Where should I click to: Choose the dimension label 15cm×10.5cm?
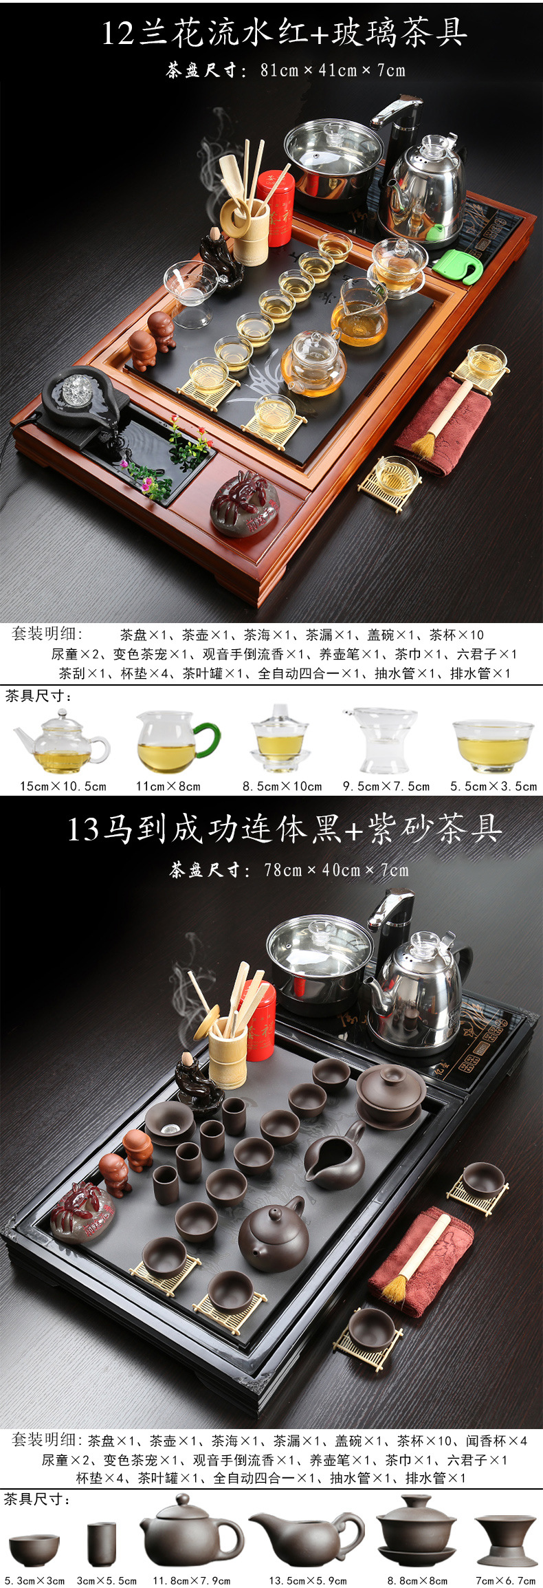click(x=63, y=785)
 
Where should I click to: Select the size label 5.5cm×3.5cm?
click(x=494, y=785)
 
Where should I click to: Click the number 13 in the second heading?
click(x=83, y=829)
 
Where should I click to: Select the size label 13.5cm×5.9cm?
click(x=308, y=1580)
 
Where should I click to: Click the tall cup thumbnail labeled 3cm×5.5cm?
click(x=102, y=1544)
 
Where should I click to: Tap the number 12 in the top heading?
click(x=118, y=33)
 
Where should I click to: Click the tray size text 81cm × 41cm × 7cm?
click(x=333, y=70)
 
